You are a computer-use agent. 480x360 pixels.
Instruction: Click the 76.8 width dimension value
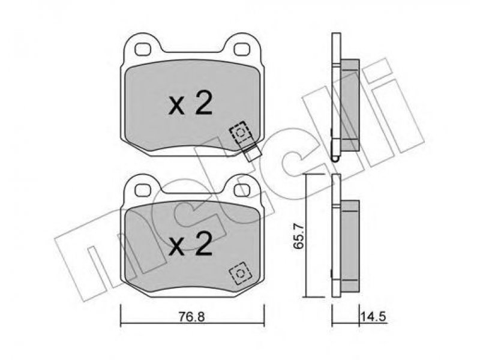coord(191,317)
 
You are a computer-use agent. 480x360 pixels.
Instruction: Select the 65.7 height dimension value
coord(299,236)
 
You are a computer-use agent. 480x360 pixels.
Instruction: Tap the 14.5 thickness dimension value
coord(373,317)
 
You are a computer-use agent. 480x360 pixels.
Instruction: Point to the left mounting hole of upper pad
coord(143,49)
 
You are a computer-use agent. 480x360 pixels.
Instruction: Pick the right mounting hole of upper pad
coord(242,49)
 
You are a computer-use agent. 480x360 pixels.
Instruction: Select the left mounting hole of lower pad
coord(143,190)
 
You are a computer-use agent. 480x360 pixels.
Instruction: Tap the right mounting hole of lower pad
coord(242,190)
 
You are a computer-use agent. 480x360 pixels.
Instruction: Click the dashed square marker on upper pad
coord(241,132)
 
